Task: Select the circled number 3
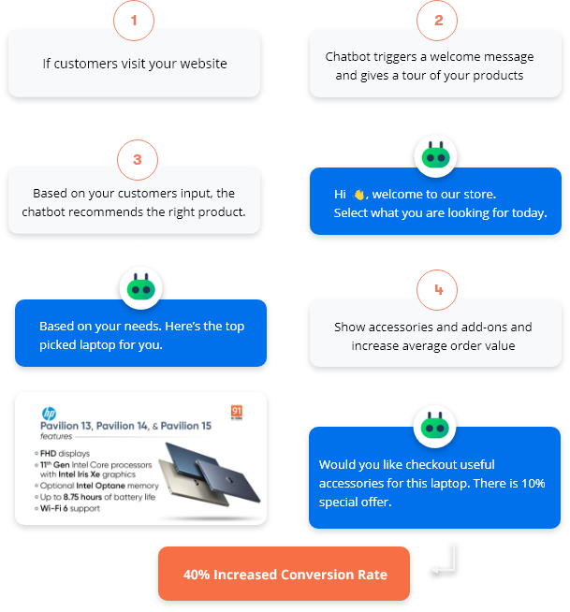[x=138, y=160]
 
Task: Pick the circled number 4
[x=437, y=291]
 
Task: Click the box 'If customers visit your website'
[x=135, y=64]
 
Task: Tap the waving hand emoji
[x=358, y=195]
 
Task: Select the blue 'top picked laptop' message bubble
[x=140, y=334]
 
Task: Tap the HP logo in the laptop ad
[x=48, y=413]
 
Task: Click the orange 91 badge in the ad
[x=237, y=412]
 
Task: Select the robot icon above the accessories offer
[x=435, y=425]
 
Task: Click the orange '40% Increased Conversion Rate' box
[x=285, y=574]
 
